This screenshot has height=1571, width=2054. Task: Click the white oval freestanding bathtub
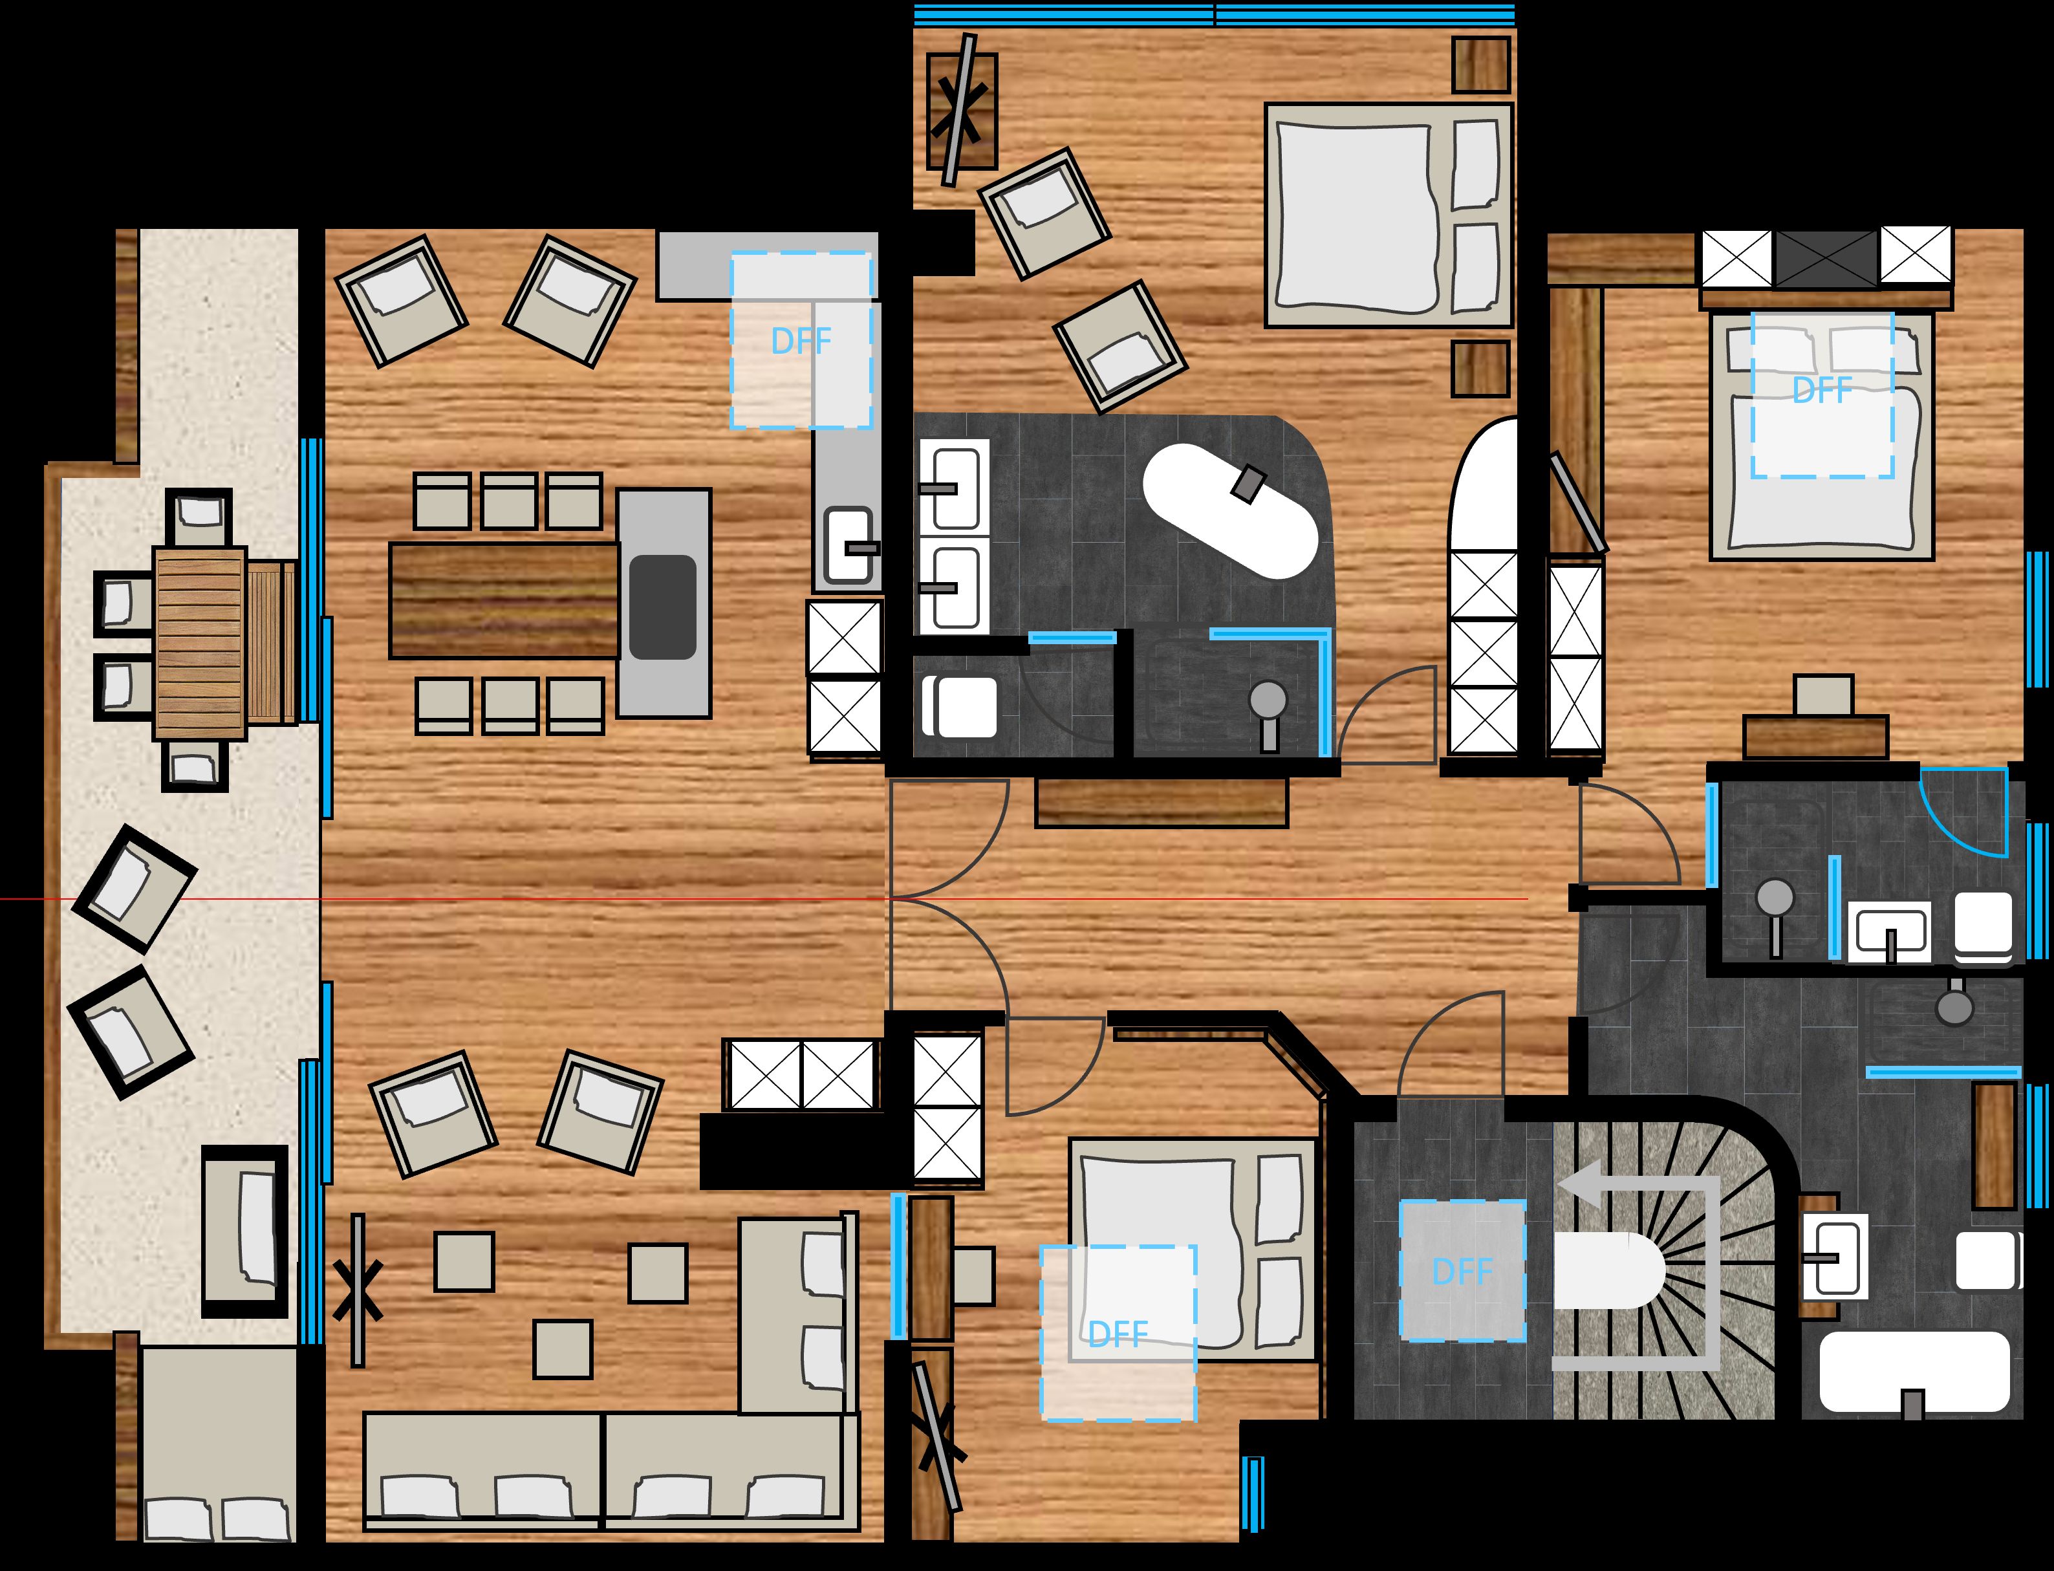[1229, 510]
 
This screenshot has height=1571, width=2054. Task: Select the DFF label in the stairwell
[1462, 1272]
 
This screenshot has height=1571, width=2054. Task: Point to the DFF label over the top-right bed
[1822, 390]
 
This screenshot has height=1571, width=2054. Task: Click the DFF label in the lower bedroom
[1118, 1334]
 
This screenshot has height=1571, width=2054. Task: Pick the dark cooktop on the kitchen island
[662, 607]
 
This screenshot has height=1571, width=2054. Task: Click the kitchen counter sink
[848, 546]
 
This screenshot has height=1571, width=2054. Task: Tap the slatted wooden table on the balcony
[199, 644]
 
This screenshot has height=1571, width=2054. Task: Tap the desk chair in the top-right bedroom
[1823, 695]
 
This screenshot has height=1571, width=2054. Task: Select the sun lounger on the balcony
[245, 1231]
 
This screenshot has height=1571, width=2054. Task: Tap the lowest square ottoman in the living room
[563, 1349]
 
